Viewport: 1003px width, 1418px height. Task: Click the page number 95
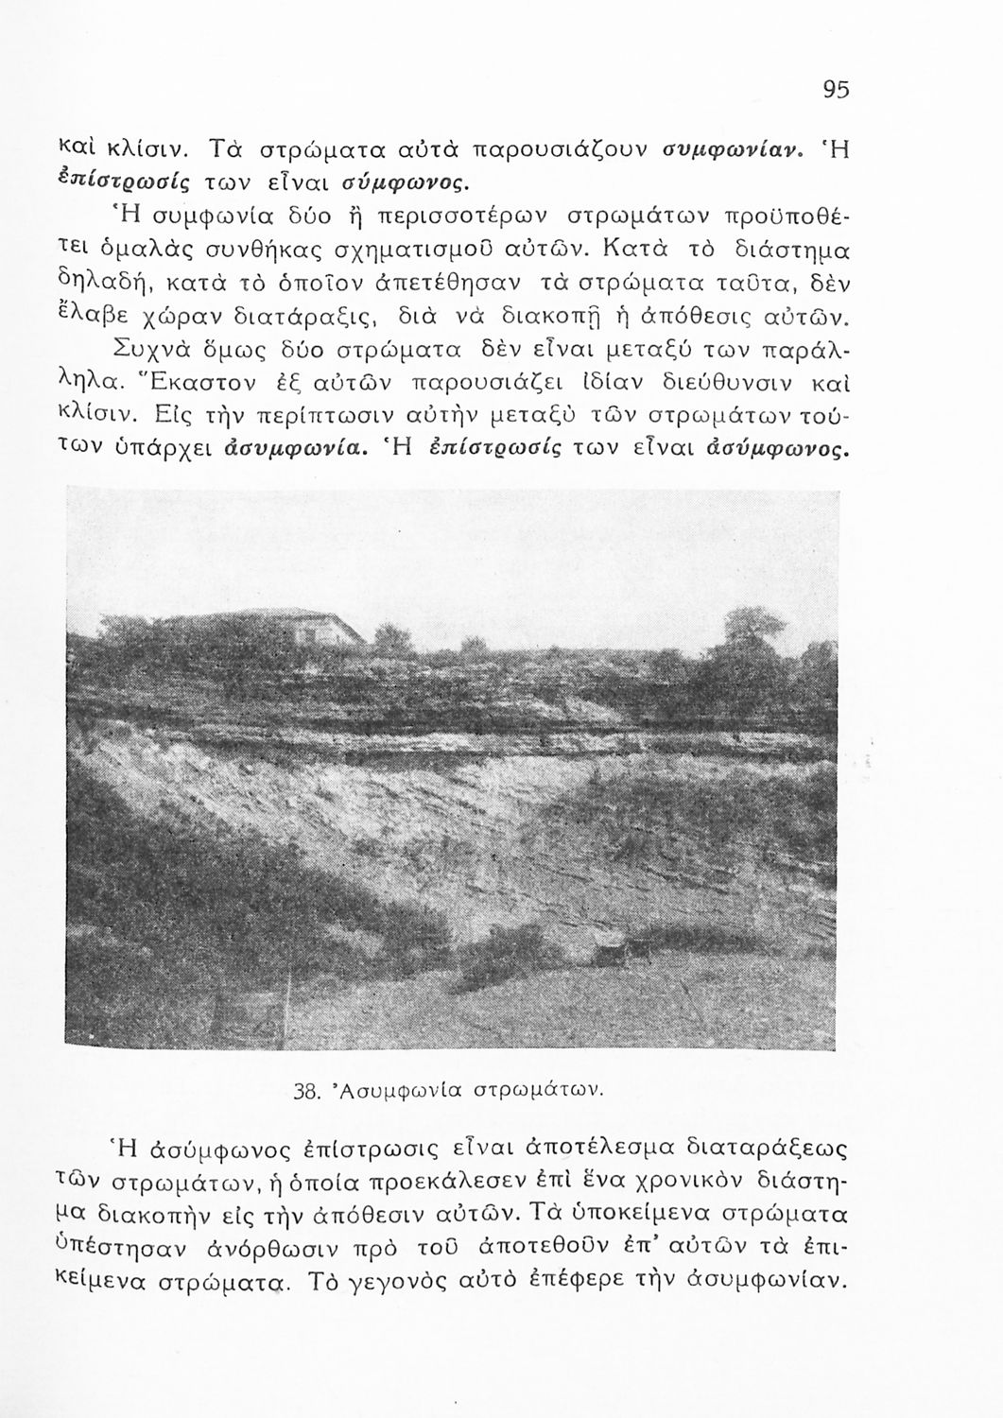pos(837,89)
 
